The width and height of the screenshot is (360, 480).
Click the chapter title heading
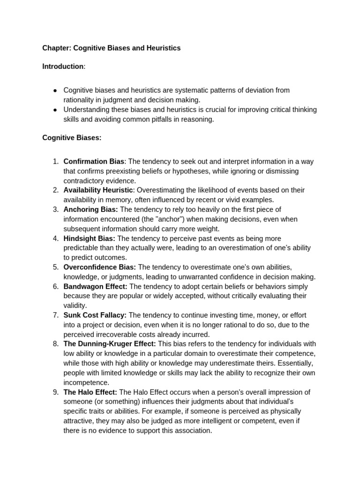[111, 48]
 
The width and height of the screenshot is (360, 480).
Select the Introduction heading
[63, 67]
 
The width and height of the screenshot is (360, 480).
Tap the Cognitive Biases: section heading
[72, 138]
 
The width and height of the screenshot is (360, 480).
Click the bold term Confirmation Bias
[94, 162]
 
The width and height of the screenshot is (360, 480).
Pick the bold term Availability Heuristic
[98, 190]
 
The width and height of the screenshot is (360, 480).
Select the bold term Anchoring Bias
[90, 210]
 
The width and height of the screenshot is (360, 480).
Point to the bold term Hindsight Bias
[89, 239]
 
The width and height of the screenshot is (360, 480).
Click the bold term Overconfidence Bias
[99, 267]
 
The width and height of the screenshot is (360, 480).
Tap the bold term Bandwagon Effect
[95, 286]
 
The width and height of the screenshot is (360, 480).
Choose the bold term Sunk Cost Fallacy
[95, 315]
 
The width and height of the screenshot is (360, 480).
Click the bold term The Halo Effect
[90, 392]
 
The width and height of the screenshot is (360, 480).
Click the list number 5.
[55, 267]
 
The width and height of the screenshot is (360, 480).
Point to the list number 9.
[55, 392]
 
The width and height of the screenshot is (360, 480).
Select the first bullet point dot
[55, 90]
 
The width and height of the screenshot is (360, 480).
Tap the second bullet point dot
[55, 110]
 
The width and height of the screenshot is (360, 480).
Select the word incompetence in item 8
[86, 382]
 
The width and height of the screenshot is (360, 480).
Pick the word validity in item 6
[75, 306]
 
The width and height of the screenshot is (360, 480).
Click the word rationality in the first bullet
[80, 100]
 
